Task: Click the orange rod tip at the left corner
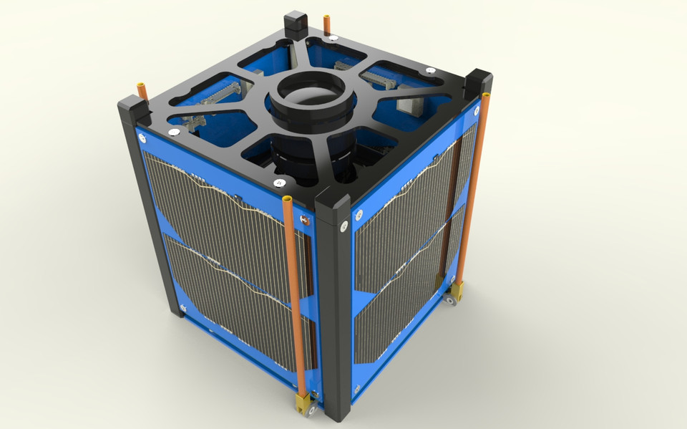[142, 90]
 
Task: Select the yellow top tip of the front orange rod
[288, 198]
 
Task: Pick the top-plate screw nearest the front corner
[278, 184]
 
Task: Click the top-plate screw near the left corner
[174, 132]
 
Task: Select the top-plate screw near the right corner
[430, 70]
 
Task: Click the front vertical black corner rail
[335, 308]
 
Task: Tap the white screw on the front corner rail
[344, 228]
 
